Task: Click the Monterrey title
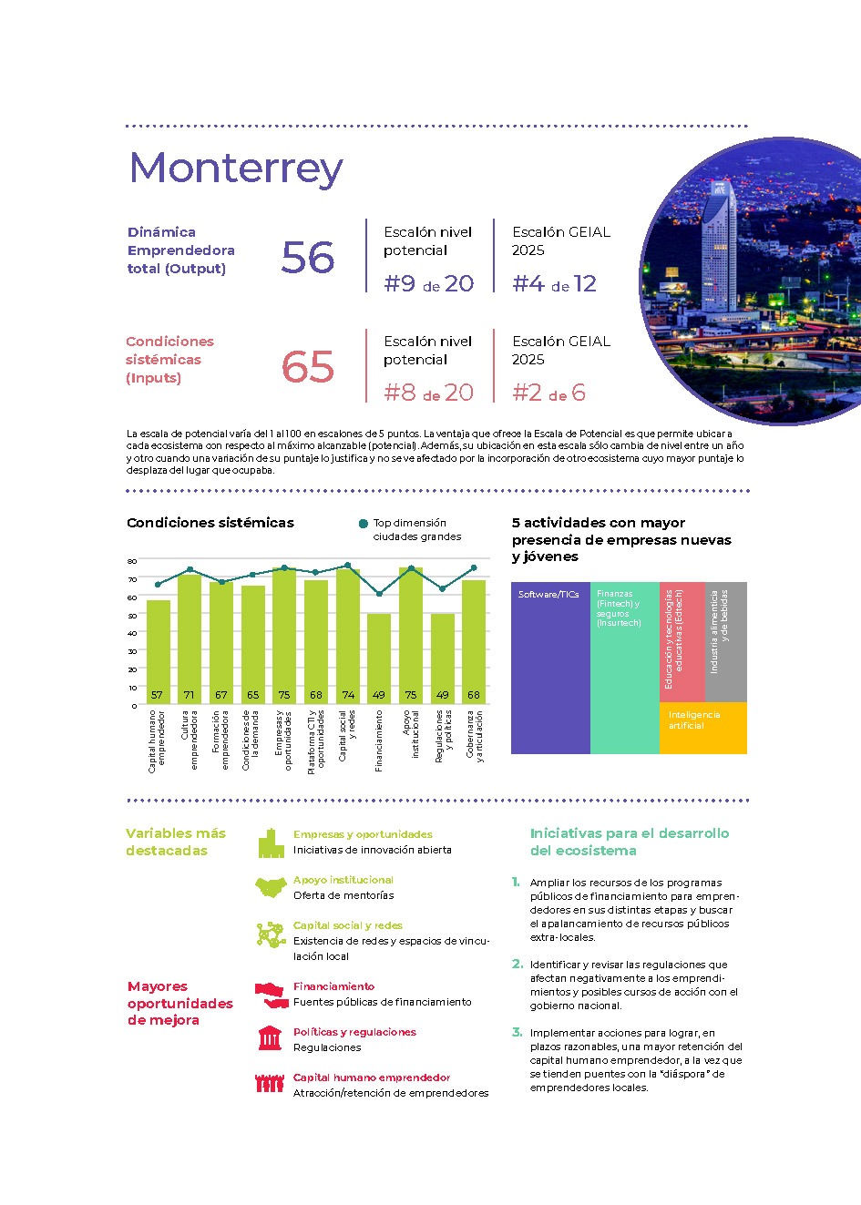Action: pos(236,168)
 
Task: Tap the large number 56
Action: pos(308,258)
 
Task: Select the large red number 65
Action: pos(308,367)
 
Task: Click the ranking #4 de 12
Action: pos(554,284)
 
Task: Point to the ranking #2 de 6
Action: pos(548,393)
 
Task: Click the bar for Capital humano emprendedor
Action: pos(158,651)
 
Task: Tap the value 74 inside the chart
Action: pos(348,695)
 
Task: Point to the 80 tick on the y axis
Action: pos(132,561)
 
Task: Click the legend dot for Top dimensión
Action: pos(364,524)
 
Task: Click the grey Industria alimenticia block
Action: pos(726,642)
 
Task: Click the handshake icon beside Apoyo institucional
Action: pos(271,886)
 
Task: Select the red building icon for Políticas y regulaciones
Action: pos(270,1038)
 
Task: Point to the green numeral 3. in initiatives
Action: pos(517,1032)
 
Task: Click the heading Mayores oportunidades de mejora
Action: pos(180,1003)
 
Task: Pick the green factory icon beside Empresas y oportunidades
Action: pos(269,842)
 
